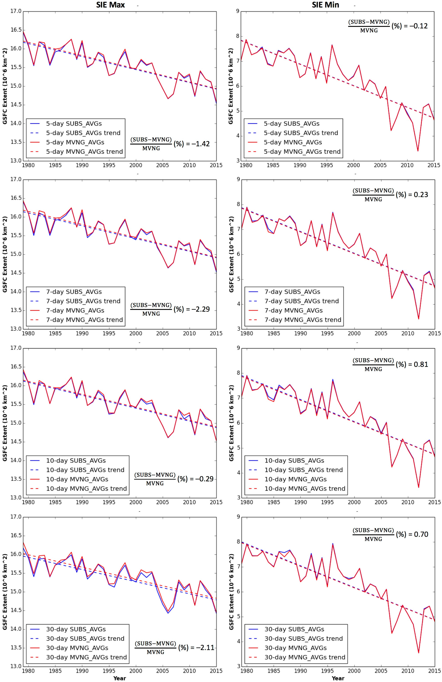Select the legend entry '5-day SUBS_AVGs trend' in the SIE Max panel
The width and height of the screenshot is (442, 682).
[x=83, y=133]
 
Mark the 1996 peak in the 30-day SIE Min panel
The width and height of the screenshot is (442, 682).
[x=333, y=544]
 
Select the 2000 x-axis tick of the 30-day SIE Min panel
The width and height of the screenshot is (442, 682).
[x=354, y=671]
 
